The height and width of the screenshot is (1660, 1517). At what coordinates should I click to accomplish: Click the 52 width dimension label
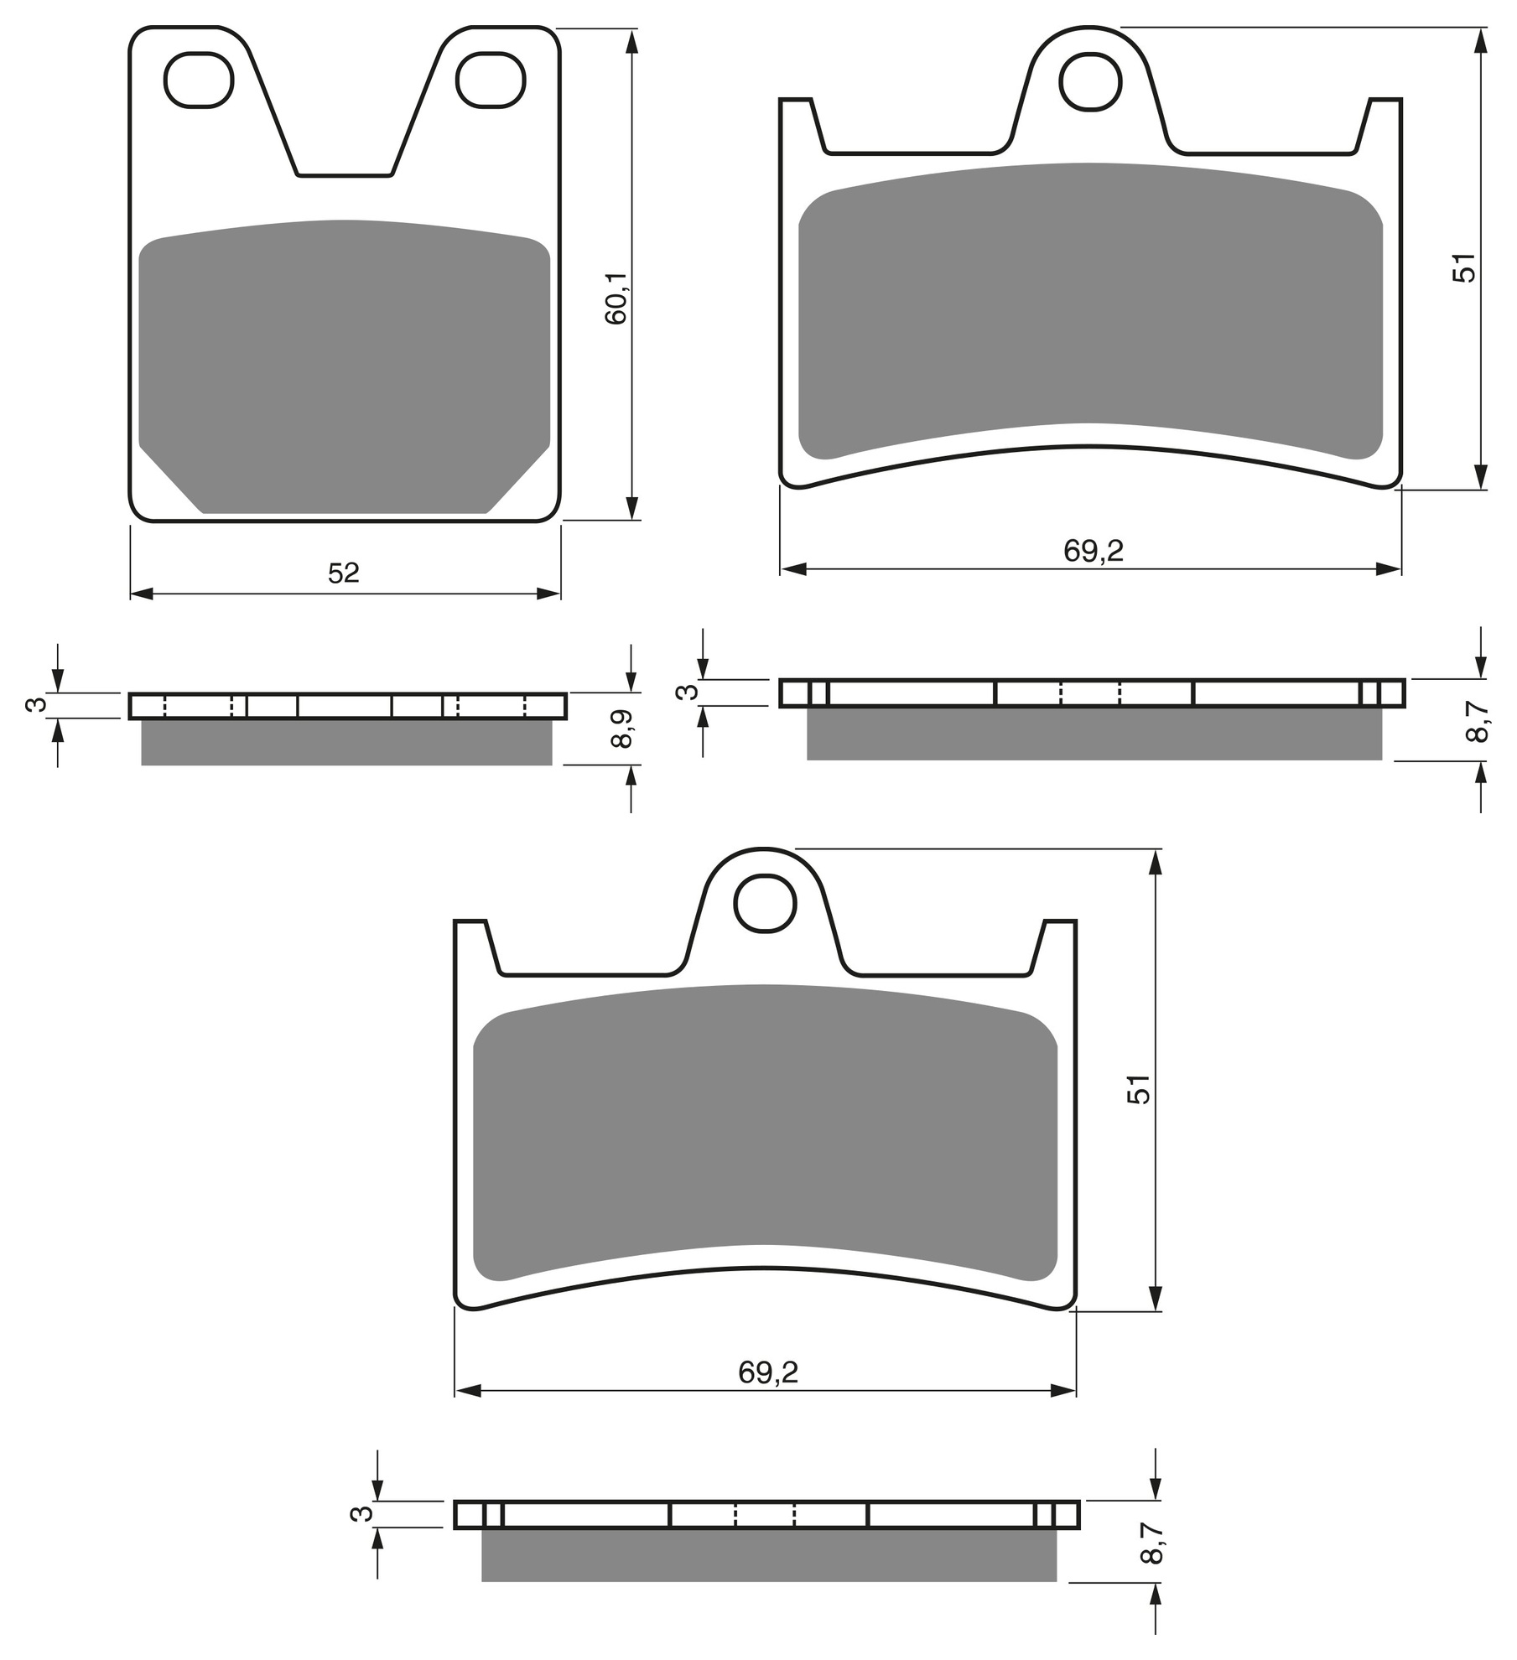[x=344, y=573]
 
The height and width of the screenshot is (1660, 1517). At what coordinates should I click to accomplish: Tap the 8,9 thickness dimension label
[x=621, y=729]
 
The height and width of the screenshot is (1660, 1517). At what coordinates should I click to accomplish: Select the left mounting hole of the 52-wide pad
[x=198, y=80]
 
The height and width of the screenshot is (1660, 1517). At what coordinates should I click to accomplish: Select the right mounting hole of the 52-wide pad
[x=491, y=80]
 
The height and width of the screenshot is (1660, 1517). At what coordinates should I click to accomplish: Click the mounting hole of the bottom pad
[x=765, y=903]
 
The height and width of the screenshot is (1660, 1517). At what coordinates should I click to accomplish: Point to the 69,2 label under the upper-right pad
[x=1093, y=551]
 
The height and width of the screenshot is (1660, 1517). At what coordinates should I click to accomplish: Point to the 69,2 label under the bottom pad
[x=768, y=1372]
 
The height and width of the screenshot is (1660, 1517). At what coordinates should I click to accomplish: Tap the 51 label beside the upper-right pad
[x=1463, y=267]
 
